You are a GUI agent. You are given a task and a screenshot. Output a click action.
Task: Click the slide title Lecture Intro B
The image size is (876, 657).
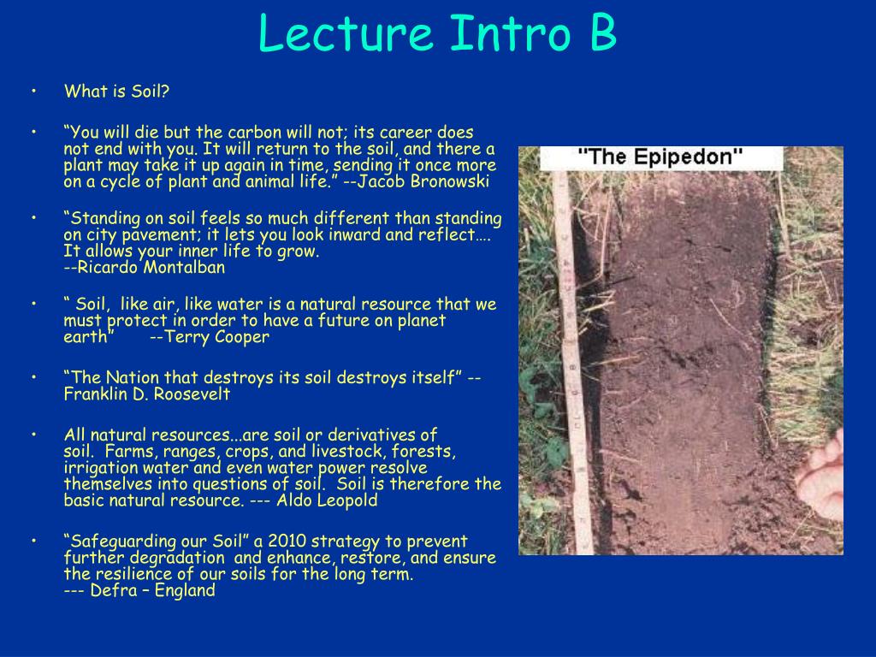tap(437, 33)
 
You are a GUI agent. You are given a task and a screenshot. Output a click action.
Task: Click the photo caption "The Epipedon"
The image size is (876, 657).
tap(661, 158)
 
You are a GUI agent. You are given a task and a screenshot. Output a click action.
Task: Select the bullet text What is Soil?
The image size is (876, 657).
tap(116, 92)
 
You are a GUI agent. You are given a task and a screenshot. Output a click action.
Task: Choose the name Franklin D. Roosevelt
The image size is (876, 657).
tap(146, 394)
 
